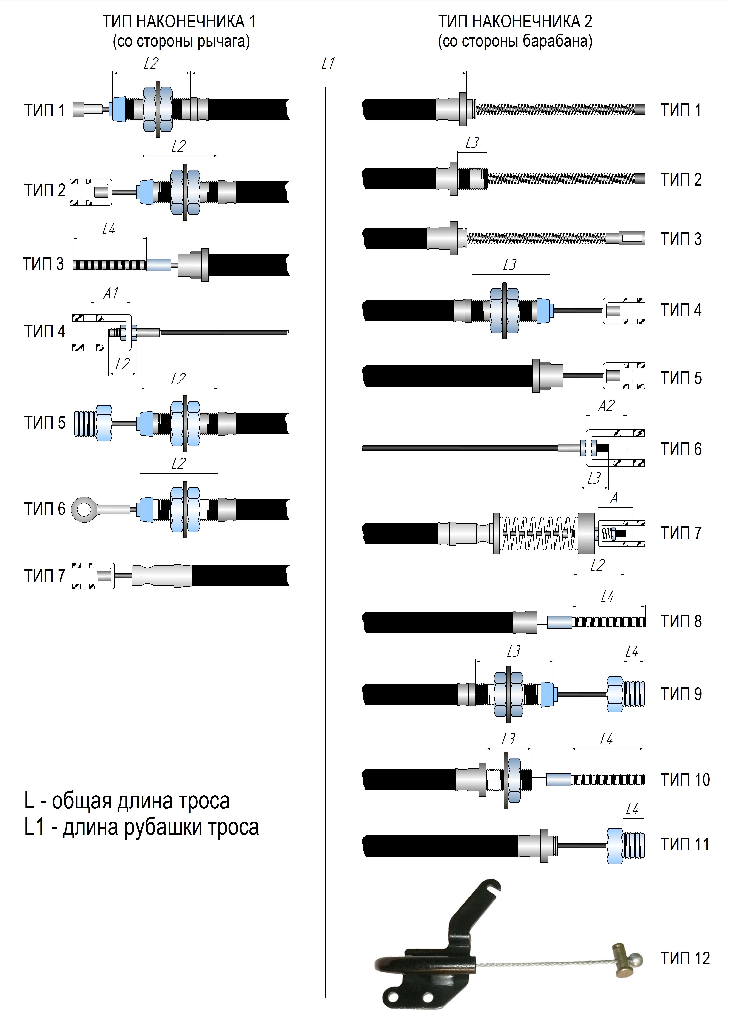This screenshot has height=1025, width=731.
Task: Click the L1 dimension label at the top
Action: [x=328, y=64]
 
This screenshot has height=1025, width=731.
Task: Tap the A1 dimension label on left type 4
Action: [x=111, y=293]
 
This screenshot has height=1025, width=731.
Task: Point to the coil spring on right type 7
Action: [x=538, y=533]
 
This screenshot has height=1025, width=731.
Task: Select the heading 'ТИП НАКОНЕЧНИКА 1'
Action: [x=179, y=22]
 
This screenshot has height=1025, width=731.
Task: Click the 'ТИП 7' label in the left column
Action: [x=45, y=576]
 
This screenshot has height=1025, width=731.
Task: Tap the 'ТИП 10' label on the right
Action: [x=685, y=779]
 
